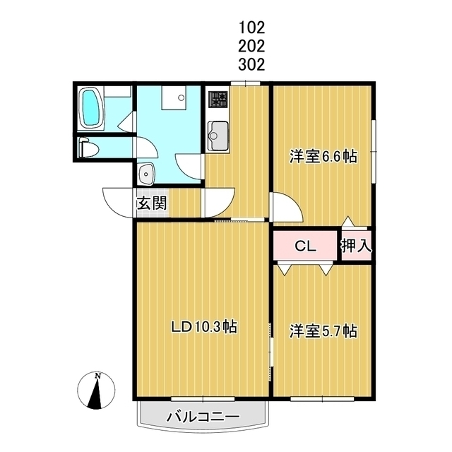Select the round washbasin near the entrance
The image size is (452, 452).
tap(146, 172)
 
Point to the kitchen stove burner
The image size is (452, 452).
tap(217, 100)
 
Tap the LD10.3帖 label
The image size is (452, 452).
tap(205, 328)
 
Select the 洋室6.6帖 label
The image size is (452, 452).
tap(323, 157)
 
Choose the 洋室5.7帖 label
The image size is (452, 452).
tap(323, 331)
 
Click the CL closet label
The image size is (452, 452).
tap(304, 246)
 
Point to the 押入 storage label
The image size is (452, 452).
tap(357, 246)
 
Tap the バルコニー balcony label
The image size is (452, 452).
tap(203, 417)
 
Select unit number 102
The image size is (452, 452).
tap(251, 28)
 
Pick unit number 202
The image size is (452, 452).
tap(251, 47)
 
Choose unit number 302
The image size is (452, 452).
tap(251, 65)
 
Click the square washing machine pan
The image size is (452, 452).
tap(172, 97)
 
